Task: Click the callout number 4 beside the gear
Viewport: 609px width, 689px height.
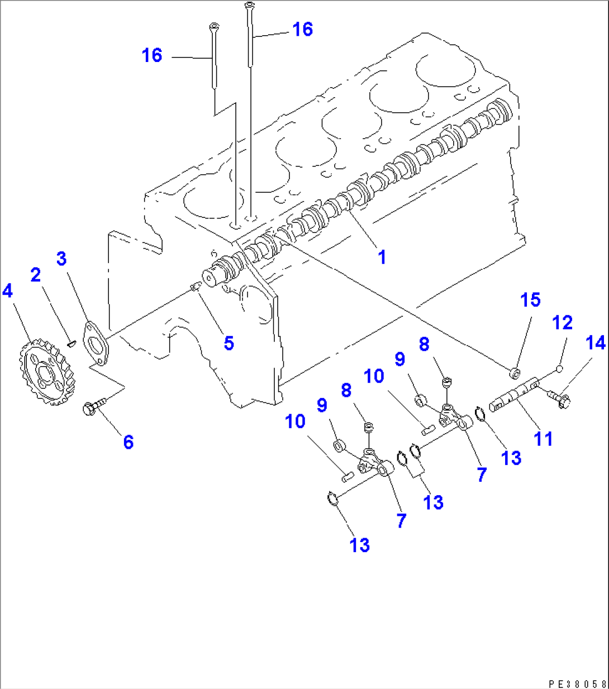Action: (7, 291)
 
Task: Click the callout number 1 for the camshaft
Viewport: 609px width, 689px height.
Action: (382, 257)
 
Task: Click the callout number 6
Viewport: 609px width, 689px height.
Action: (129, 442)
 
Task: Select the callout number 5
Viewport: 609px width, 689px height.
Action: (229, 343)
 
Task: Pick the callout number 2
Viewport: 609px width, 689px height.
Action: (36, 275)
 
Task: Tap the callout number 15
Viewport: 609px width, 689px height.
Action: (530, 300)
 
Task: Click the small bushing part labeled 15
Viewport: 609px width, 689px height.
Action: (515, 372)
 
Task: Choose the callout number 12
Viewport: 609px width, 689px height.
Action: (563, 323)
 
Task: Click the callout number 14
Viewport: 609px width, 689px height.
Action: (596, 343)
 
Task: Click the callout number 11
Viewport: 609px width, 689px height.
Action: (543, 438)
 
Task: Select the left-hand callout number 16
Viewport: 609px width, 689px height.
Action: (152, 55)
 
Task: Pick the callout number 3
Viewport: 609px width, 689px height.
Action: (61, 259)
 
